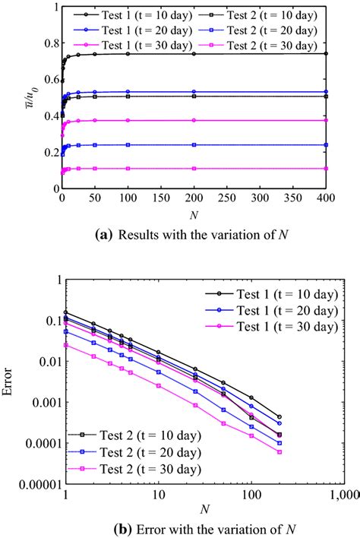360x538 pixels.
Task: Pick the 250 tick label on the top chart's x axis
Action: tap(228, 198)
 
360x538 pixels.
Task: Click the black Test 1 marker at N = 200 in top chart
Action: tap(194, 54)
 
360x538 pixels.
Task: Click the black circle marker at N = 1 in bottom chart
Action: tap(66, 312)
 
